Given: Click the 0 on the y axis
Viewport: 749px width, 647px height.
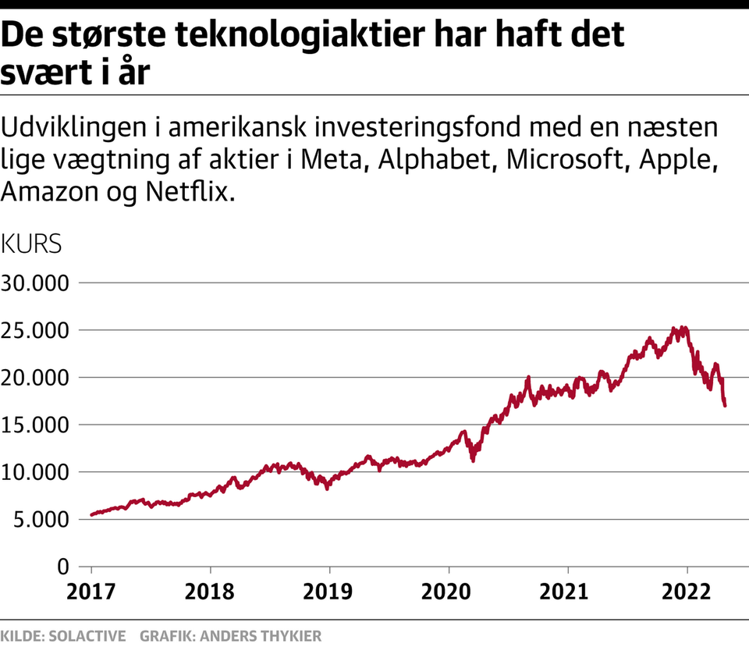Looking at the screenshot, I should point(64,566).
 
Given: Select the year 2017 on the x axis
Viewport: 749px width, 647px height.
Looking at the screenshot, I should point(91,591).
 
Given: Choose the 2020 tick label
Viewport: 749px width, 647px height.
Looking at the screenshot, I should point(449,591).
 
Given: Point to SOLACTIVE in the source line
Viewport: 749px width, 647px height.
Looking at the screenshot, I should point(87,636).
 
